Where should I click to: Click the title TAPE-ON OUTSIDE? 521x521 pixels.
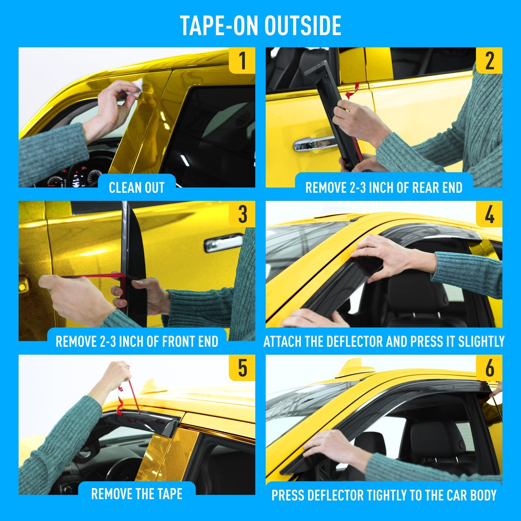pyautogui.click(x=260, y=25)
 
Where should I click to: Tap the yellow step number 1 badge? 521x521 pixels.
pyautogui.click(x=242, y=60)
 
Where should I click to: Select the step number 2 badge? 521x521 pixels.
pyautogui.click(x=489, y=60)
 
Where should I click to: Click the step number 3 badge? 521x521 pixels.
pyautogui.click(x=242, y=214)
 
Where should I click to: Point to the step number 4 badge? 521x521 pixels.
pyautogui.click(x=489, y=214)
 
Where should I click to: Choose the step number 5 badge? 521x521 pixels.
pyautogui.click(x=242, y=368)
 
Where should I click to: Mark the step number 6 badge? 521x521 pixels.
pyautogui.click(x=489, y=368)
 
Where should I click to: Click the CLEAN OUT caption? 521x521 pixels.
pyautogui.click(x=137, y=188)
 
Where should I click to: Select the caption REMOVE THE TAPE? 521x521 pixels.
pyautogui.click(x=137, y=494)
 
